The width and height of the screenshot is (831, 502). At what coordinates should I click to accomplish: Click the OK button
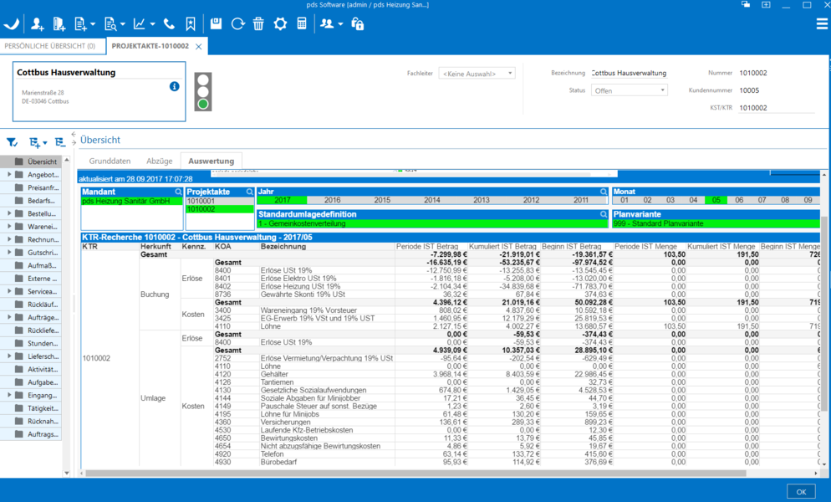pos(800,491)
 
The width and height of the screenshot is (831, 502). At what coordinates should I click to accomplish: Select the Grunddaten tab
pos(110,161)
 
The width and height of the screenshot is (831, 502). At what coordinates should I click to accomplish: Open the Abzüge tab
pos(159,161)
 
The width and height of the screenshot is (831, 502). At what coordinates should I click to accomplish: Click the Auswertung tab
pos(211,161)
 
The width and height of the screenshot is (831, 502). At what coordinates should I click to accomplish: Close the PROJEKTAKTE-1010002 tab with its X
pos(199,46)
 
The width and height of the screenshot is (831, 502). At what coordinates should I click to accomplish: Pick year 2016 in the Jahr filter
pos(332,200)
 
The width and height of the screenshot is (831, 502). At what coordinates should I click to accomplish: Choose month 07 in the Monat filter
pos(762,200)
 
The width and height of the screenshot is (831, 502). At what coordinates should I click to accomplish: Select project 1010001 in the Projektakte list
pos(201,201)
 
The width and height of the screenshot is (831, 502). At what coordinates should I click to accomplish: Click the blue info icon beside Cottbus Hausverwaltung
pos(174,86)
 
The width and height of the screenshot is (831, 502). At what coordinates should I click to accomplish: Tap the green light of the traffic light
pos(202,105)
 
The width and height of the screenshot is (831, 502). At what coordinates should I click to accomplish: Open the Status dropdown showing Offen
pos(629,90)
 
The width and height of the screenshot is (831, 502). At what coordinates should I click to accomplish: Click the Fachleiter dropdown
pos(477,74)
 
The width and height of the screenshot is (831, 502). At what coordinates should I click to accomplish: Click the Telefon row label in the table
pos(273,453)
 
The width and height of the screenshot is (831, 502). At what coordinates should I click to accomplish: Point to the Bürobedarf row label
pos(278,462)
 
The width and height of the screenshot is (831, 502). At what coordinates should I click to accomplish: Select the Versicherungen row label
pos(285,422)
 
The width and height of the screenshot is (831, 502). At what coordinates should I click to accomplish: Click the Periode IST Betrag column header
pos(426,247)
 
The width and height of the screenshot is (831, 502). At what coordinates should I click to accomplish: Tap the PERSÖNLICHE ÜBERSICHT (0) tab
pos(49,46)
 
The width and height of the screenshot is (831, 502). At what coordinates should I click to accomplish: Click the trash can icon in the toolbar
pos(258,23)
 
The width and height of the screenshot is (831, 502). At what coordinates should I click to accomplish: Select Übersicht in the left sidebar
pos(42,161)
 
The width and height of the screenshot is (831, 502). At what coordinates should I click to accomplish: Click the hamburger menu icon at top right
pos(822,23)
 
